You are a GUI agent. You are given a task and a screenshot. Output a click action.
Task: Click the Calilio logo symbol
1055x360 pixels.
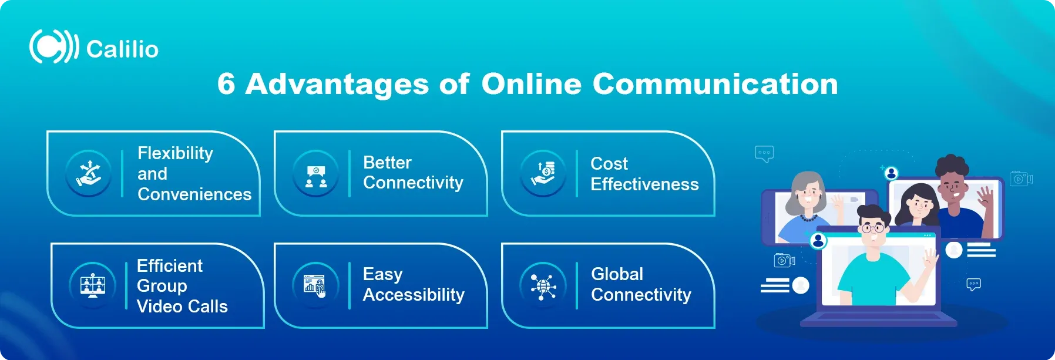click(x=54, y=46)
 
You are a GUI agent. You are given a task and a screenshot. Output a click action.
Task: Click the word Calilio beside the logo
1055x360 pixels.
click(x=123, y=49)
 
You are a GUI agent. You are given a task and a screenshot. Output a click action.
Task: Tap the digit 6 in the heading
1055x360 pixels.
click(x=226, y=84)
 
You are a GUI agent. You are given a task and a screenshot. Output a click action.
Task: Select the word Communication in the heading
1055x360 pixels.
click(x=715, y=84)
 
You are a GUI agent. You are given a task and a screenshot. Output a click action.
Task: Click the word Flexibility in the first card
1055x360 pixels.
click(x=175, y=153)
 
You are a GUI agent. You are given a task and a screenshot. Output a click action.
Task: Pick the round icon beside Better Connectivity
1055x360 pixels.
click(x=316, y=173)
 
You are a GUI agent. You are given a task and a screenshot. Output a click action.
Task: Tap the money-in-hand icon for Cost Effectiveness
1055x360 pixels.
click(x=543, y=173)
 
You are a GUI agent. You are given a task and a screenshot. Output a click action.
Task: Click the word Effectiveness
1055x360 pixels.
click(x=644, y=184)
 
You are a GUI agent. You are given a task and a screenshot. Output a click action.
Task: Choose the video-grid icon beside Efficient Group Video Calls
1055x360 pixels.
click(x=93, y=285)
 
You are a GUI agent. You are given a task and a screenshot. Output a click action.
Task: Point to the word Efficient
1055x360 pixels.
click(x=170, y=266)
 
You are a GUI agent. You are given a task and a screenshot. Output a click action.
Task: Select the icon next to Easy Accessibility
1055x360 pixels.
click(x=316, y=285)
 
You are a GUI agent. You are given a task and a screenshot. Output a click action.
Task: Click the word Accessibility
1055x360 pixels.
click(x=414, y=295)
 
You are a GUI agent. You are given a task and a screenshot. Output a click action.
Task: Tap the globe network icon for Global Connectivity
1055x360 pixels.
click(x=543, y=285)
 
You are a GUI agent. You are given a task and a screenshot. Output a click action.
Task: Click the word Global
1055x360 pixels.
click(x=617, y=274)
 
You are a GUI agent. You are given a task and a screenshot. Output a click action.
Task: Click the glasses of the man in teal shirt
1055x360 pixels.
click(x=872, y=228)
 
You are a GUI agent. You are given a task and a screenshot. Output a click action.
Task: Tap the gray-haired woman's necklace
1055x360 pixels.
click(x=808, y=217)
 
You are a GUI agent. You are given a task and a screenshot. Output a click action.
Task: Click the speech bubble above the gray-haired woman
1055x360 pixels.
click(x=764, y=154)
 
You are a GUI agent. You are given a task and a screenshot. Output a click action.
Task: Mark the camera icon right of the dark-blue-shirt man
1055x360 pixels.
click(x=1022, y=179)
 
